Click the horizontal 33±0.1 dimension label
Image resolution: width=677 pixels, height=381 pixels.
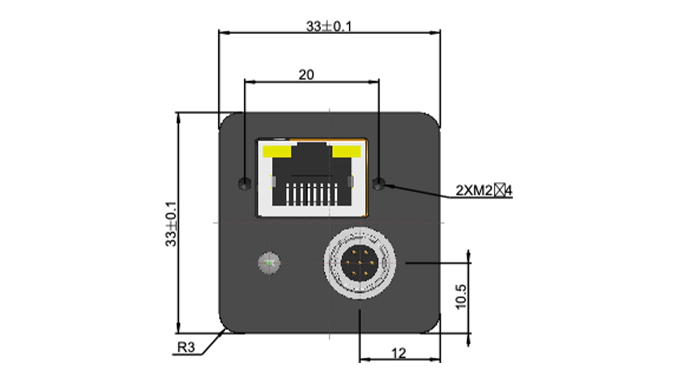329,26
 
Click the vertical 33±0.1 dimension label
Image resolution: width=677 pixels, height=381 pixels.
171,224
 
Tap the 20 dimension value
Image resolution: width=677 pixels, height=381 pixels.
306,75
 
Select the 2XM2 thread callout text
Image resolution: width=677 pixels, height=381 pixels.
484,190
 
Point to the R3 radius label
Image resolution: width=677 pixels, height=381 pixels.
186,348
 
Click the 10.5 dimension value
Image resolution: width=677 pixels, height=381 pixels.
461,297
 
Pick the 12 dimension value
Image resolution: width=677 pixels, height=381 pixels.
399,353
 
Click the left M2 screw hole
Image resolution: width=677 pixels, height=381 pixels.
245,184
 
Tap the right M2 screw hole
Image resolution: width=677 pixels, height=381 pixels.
379,184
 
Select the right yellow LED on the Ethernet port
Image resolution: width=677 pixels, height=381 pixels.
346,151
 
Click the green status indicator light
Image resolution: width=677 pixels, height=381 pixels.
270,263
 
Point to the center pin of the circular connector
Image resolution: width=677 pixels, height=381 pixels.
360,263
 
